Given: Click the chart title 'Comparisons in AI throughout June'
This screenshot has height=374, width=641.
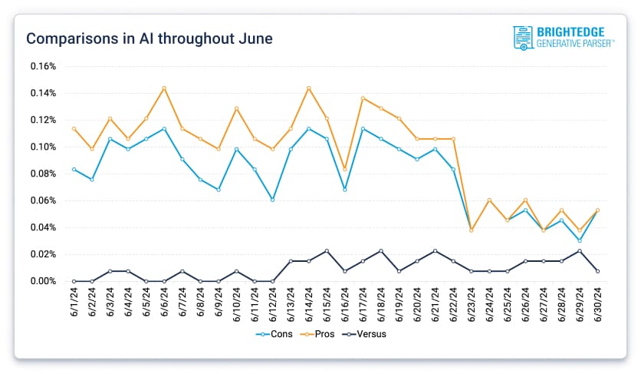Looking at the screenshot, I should tap(149, 38).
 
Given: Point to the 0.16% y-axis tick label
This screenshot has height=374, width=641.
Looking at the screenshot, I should tap(43, 66).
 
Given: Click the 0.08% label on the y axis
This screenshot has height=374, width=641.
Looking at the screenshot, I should tap(43, 174).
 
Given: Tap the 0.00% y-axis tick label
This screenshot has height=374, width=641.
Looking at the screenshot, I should tap(43, 281).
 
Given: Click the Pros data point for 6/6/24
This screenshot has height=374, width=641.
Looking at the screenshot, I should tap(164, 88).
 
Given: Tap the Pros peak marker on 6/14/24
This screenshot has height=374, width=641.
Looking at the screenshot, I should tap(308, 88).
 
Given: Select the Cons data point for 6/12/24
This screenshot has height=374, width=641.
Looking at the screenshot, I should tap(272, 200).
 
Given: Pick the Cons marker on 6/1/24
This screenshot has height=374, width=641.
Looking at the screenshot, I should tap(74, 169).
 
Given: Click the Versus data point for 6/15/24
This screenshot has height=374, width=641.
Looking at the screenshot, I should tap(327, 251).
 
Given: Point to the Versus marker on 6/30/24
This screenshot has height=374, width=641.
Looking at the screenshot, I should tap(597, 271).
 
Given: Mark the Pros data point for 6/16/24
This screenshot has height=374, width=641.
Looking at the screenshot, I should tap(344, 167).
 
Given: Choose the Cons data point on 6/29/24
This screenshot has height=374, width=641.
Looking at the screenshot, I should tap(579, 240).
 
